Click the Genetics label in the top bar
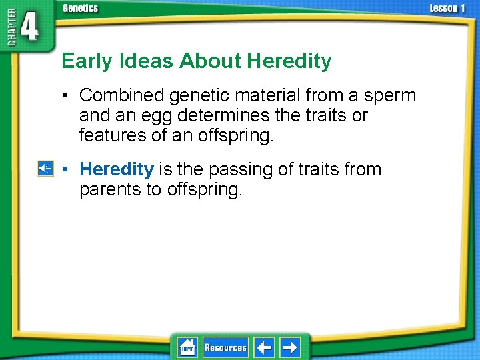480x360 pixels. coord(80,8)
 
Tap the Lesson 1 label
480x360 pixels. coord(448,8)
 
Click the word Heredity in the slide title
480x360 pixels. coord(289,61)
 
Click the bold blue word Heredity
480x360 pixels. coord(117,169)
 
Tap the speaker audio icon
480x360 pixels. coord(45,169)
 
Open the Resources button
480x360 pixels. coord(225,347)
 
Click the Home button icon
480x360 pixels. coord(187,347)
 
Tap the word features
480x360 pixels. coord(110,135)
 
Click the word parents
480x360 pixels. coord(110,189)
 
